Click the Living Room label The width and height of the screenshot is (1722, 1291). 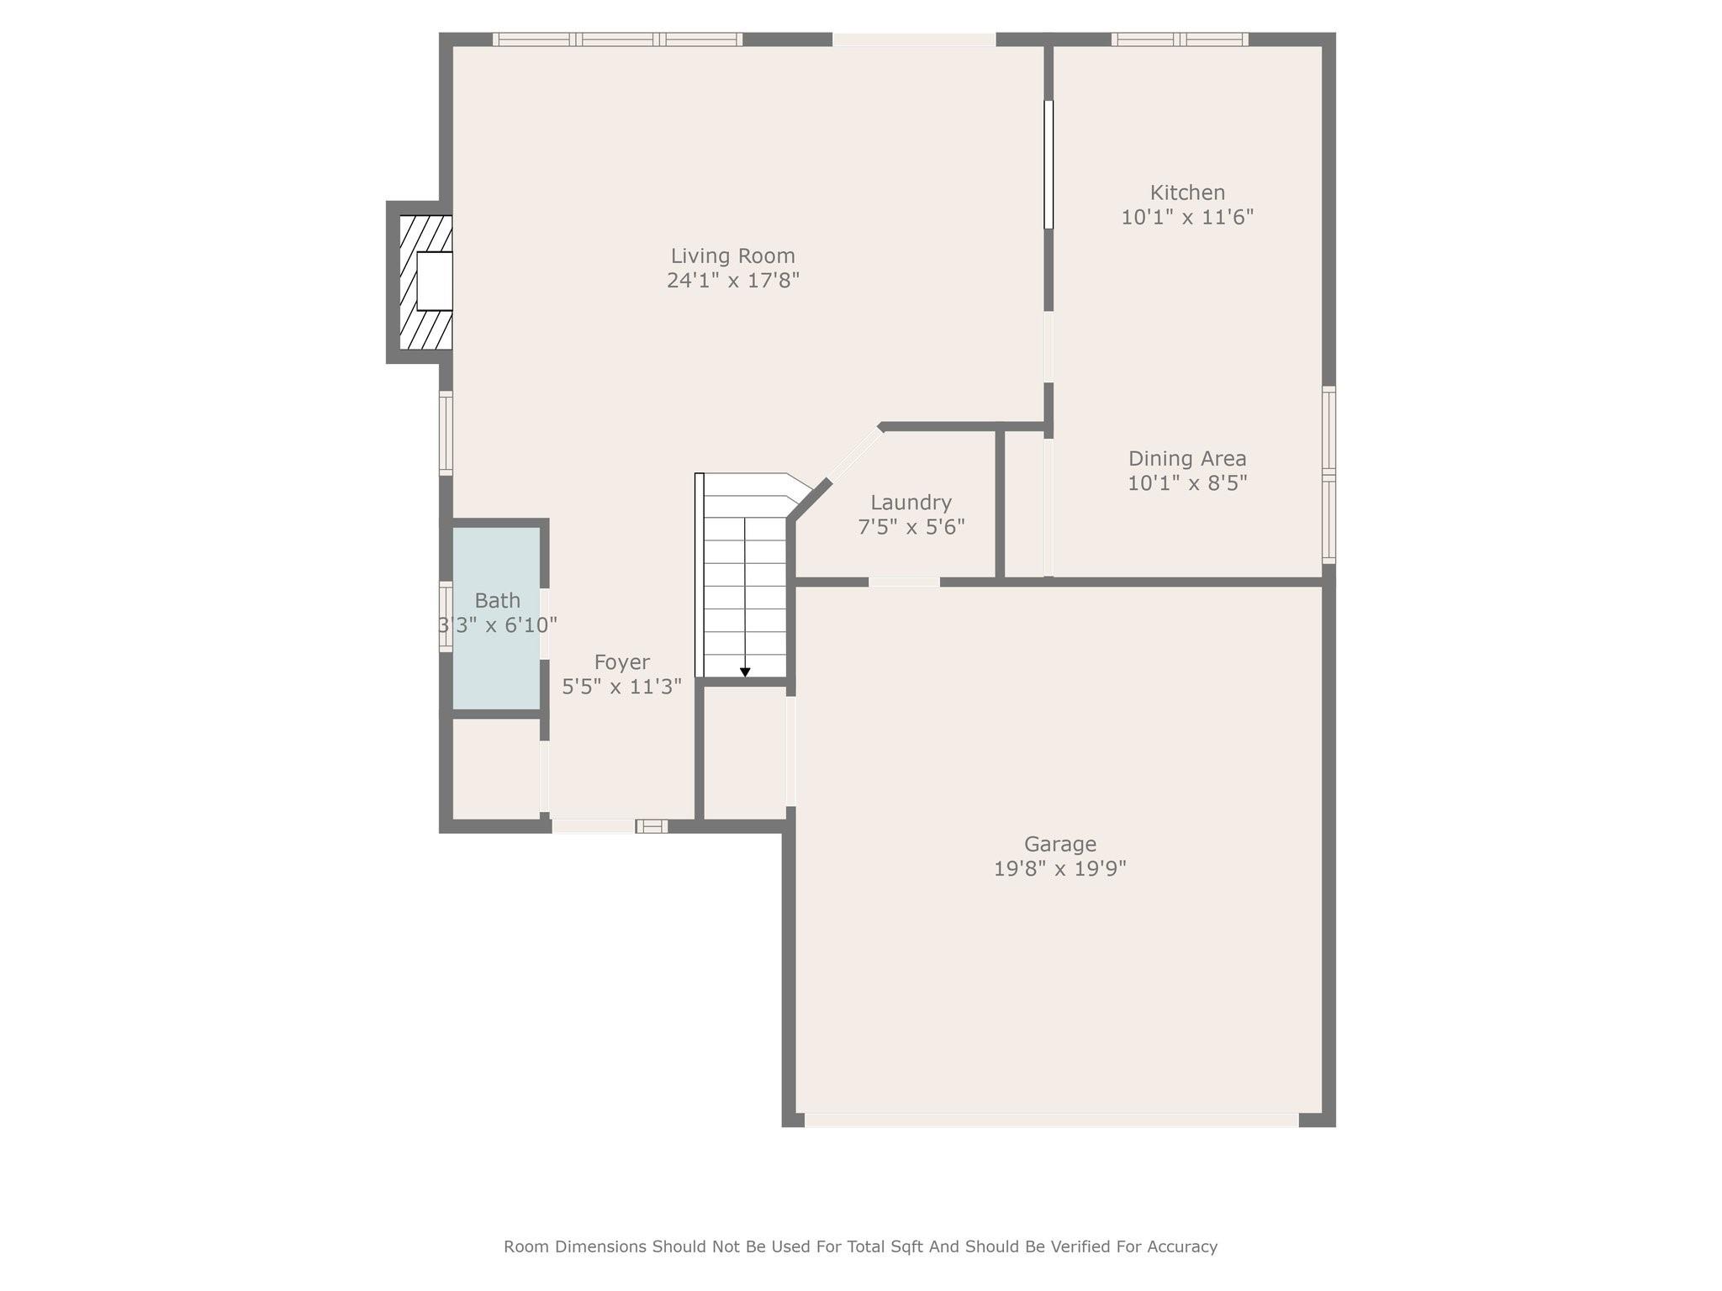[x=732, y=256]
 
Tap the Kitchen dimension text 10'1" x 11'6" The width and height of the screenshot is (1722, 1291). [x=1186, y=217]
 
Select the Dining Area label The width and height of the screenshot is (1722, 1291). [x=1186, y=458]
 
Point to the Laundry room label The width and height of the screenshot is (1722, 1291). [x=911, y=503]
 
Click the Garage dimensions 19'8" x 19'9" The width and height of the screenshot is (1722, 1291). [x=1059, y=868]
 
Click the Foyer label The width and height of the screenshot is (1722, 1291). [x=621, y=662]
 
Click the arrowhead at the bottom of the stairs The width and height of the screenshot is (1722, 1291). [x=745, y=672]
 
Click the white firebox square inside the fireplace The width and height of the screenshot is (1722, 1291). [x=434, y=282]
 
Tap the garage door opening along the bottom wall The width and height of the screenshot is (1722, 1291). [x=1051, y=1120]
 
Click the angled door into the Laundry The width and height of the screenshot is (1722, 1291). [x=856, y=455]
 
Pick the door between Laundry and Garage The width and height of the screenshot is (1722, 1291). [x=904, y=582]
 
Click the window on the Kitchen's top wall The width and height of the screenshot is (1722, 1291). [x=1179, y=40]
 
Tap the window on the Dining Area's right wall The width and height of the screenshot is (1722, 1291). [x=1328, y=475]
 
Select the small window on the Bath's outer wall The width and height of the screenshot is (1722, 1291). [x=446, y=616]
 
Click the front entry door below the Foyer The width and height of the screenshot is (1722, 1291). [x=594, y=826]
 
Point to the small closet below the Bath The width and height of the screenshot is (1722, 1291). [x=496, y=768]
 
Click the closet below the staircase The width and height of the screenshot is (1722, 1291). [x=744, y=752]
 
